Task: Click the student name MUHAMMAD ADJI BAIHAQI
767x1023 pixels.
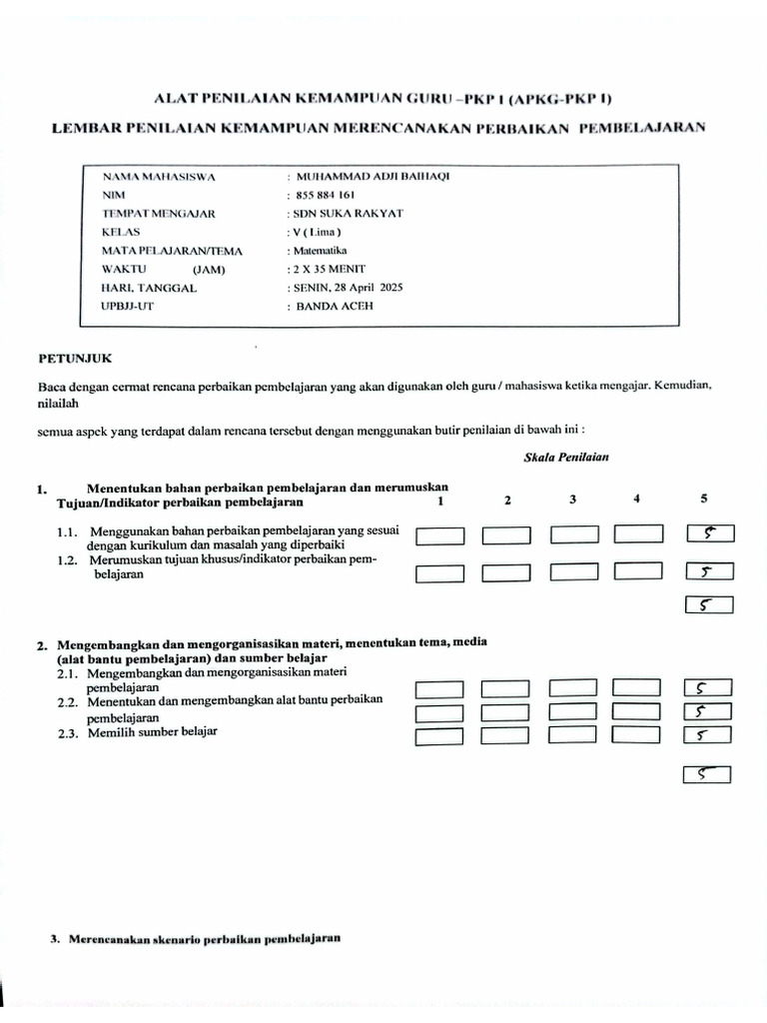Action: click(369, 177)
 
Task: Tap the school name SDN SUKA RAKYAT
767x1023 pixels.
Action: click(331, 214)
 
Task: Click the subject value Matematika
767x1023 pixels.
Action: click(318, 251)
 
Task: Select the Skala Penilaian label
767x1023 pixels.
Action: click(566, 457)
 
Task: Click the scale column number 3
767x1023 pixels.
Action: click(573, 499)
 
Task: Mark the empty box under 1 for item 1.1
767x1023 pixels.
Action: click(439, 536)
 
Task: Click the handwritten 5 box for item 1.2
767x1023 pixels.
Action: click(709, 572)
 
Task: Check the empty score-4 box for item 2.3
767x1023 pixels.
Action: click(637, 736)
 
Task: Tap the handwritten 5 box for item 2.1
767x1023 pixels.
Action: click(709, 688)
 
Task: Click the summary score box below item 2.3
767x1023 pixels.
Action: click(707, 774)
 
